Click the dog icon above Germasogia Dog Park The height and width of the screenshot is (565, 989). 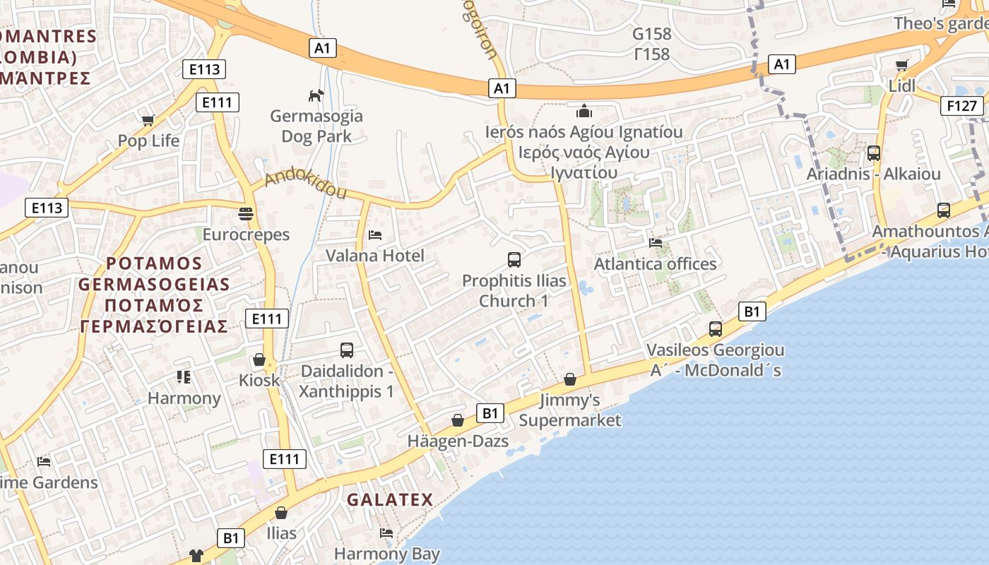(x=316, y=95)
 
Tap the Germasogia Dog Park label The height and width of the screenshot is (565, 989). (x=316, y=126)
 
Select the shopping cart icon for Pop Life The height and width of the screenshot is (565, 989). (x=148, y=120)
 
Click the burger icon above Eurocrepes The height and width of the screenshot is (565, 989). (x=246, y=213)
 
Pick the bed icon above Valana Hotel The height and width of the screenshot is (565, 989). (x=375, y=234)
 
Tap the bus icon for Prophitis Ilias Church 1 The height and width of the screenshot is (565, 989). (x=514, y=259)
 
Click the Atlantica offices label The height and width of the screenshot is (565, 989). (x=655, y=264)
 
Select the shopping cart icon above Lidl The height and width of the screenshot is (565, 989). (x=902, y=66)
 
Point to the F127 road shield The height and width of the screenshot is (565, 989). (x=962, y=106)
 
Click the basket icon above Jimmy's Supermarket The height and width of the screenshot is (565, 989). (x=570, y=380)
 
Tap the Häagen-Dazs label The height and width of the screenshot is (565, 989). (x=458, y=441)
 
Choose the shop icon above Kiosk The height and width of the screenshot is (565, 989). (x=259, y=360)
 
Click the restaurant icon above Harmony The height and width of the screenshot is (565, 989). (x=184, y=377)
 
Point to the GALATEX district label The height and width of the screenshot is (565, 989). (x=389, y=500)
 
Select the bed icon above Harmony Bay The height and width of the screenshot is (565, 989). (x=386, y=533)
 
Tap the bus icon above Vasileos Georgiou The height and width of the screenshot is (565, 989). (x=716, y=329)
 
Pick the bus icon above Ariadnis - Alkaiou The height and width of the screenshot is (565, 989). (x=874, y=153)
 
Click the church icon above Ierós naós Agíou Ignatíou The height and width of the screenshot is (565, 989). (x=584, y=111)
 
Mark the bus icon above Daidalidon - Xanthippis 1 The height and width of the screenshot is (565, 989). (x=347, y=350)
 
